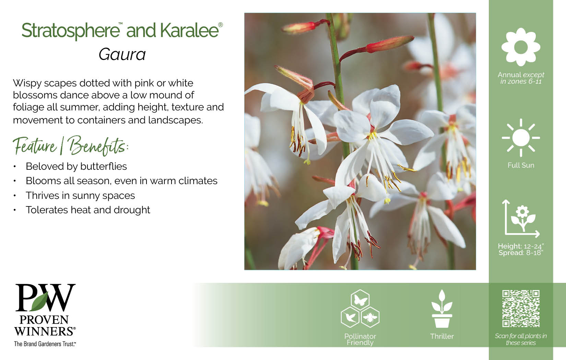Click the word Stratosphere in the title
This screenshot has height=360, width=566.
[x=71, y=31]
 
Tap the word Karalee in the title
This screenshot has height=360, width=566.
[x=189, y=30]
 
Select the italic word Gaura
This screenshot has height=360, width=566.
[x=122, y=55]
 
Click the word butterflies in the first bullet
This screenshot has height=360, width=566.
[x=104, y=166]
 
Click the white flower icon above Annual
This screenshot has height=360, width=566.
[x=521, y=47]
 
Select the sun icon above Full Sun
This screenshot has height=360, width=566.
[x=521, y=138]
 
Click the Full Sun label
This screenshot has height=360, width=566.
[x=521, y=165]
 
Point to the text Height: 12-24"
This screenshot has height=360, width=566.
[x=521, y=246]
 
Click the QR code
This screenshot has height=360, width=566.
[x=521, y=309]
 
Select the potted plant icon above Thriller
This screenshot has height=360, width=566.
[x=442, y=309]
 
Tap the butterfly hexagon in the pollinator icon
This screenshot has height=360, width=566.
[x=360, y=300]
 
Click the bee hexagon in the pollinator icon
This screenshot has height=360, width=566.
[x=370, y=317]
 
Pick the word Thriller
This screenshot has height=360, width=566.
[x=442, y=336]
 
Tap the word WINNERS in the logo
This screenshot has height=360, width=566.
[x=45, y=331]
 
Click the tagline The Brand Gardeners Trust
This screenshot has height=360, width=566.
[x=45, y=344]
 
